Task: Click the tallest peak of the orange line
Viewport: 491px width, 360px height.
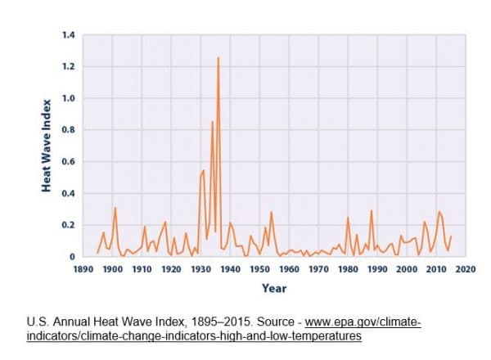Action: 218,58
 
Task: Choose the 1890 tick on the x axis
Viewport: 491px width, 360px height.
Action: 83,268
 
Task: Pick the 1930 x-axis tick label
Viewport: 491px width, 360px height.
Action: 200,268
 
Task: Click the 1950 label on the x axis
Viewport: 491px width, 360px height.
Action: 259,268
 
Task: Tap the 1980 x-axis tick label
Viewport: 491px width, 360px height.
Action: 348,268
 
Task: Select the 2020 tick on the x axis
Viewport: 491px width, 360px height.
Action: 465,268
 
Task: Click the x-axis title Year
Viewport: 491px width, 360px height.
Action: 273,288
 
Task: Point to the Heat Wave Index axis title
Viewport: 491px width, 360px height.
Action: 47,146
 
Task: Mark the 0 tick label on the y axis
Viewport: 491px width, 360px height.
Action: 72,257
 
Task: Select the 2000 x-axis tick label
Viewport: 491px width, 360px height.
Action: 407,268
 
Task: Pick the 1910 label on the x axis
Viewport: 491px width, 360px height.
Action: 142,268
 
